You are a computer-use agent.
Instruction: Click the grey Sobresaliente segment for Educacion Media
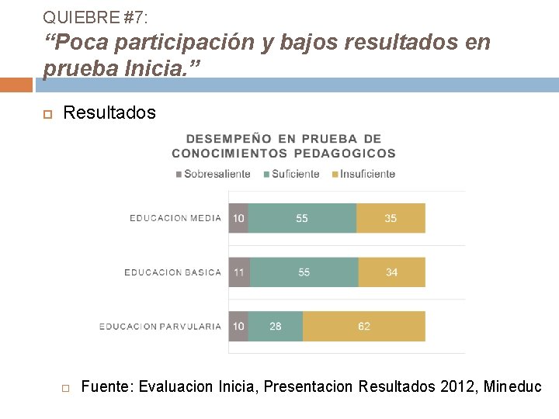click(x=238, y=218)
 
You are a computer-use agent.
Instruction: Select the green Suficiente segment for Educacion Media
click(x=302, y=218)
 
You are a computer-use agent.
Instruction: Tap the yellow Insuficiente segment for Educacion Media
click(x=391, y=218)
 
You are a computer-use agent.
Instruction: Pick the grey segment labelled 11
click(x=239, y=272)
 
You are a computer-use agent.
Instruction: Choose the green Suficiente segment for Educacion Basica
click(x=304, y=272)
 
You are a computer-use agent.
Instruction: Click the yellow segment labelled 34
click(x=392, y=272)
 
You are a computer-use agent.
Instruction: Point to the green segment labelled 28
click(x=276, y=327)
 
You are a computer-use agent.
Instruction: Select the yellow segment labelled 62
click(x=364, y=327)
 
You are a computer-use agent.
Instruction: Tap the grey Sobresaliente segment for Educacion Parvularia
click(x=238, y=327)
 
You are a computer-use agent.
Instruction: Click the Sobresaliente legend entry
click(x=214, y=174)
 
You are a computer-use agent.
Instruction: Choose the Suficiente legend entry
click(x=292, y=174)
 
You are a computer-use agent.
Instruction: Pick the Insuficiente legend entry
click(x=363, y=174)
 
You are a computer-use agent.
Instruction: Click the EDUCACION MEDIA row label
click(x=175, y=218)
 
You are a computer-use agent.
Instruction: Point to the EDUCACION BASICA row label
click(x=173, y=272)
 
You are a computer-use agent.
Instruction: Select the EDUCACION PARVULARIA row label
click(x=160, y=327)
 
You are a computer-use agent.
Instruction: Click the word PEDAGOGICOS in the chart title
click(x=345, y=153)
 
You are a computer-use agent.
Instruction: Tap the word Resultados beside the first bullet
click(x=109, y=113)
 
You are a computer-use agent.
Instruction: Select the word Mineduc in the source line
click(x=512, y=386)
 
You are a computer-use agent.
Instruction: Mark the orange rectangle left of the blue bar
click(x=16, y=85)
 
